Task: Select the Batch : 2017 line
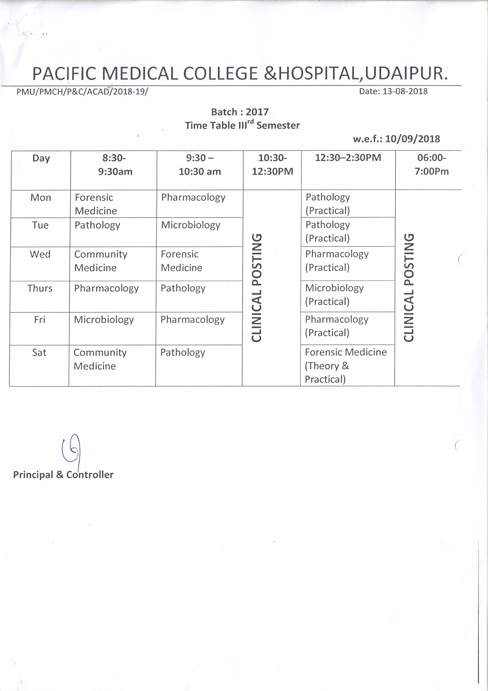(x=240, y=112)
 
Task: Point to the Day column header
(x=41, y=158)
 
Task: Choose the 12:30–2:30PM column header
(x=348, y=158)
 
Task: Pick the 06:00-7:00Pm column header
(x=432, y=164)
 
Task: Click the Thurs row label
(x=40, y=288)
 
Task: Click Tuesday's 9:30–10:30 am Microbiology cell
(x=191, y=225)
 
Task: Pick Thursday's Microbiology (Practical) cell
(x=334, y=295)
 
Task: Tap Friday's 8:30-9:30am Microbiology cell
(x=104, y=320)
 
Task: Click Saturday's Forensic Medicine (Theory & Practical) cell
(x=346, y=365)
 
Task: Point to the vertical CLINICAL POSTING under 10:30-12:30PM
(x=257, y=288)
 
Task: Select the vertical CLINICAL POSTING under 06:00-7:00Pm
(x=409, y=288)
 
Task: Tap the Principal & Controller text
(x=63, y=475)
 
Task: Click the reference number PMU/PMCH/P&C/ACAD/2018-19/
(x=82, y=91)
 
